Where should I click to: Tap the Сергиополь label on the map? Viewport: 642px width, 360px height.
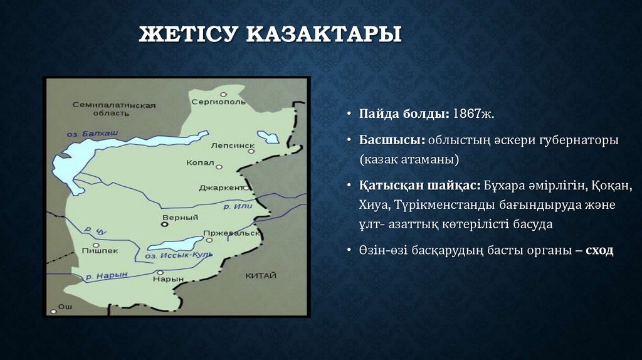[x=218, y=102]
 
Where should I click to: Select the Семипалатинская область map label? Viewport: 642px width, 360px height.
[x=113, y=109]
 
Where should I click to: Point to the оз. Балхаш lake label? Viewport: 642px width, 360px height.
[x=92, y=133]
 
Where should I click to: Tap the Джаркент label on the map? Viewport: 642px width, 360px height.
[x=220, y=187]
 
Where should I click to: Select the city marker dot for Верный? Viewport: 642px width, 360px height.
[x=165, y=223]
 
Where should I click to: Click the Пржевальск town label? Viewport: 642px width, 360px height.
[x=231, y=233]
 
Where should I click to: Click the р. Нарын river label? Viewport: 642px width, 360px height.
[x=107, y=275]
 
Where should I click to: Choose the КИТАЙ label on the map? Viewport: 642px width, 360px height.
[x=260, y=275]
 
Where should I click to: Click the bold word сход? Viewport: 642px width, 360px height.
[x=600, y=250]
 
